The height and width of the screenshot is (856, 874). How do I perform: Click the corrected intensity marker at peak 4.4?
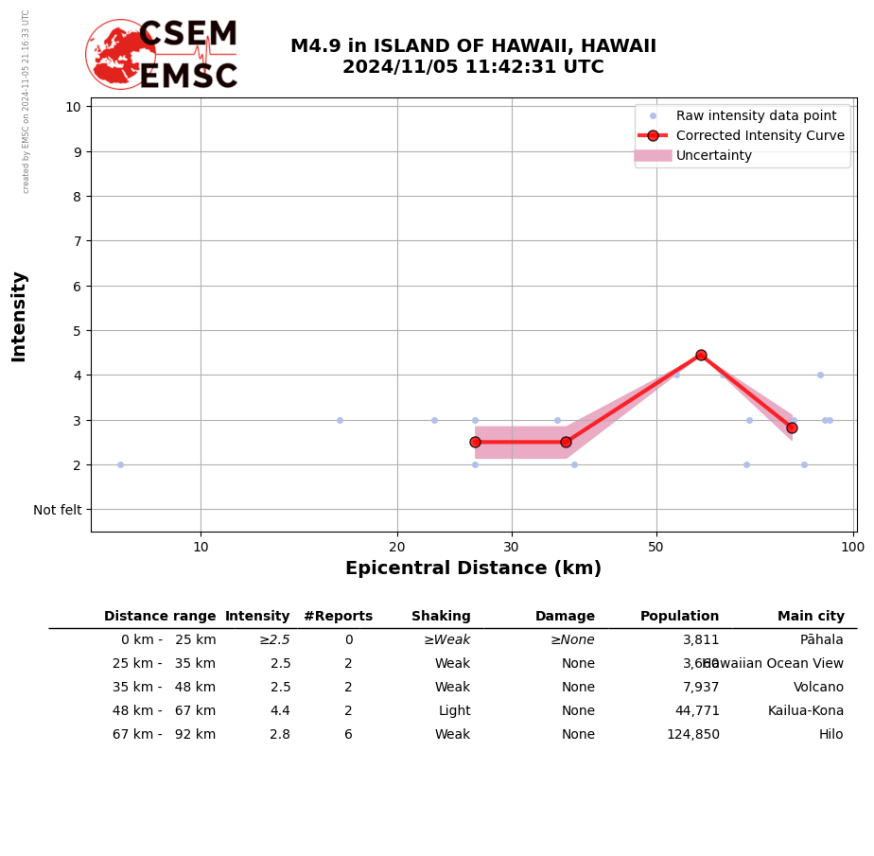pyautogui.click(x=701, y=356)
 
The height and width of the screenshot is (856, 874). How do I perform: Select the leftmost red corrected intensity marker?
pyautogui.click(x=475, y=442)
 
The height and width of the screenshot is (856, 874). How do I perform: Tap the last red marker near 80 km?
pyautogui.click(x=792, y=428)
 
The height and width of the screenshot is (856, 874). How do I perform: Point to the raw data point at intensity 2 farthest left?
pyautogui.click(x=120, y=464)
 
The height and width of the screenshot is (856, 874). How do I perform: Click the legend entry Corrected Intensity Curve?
pyautogui.click(x=760, y=135)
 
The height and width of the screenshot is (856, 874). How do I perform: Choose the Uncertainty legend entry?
pyautogui.click(x=714, y=156)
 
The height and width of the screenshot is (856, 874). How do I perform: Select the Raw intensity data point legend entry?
pyautogui.click(x=756, y=115)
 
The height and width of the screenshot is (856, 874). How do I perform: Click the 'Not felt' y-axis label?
pyautogui.click(x=58, y=510)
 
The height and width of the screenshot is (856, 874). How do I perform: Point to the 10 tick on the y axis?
pyautogui.click(x=73, y=107)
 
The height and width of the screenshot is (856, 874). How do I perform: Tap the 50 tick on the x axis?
pyautogui.click(x=655, y=547)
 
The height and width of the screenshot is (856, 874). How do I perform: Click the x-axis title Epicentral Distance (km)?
pyautogui.click(x=473, y=568)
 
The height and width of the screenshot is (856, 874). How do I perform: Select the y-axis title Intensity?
pyautogui.click(x=19, y=316)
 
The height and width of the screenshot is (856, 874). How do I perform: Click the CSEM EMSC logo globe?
pyautogui.click(x=120, y=54)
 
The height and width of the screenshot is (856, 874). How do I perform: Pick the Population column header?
pyautogui.click(x=679, y=617)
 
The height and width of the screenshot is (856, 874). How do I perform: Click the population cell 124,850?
pyautogui.click(x=692, y=735)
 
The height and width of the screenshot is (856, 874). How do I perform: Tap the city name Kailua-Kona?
pyautogui.click(x=805, y=711)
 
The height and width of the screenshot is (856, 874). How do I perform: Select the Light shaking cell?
pyautogui.click(x=454, y=711)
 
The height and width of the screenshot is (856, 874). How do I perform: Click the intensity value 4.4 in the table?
pyautogui.click(x=280, y=711)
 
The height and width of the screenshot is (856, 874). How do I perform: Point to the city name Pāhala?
pyautogui.click(x=821, y=640)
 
